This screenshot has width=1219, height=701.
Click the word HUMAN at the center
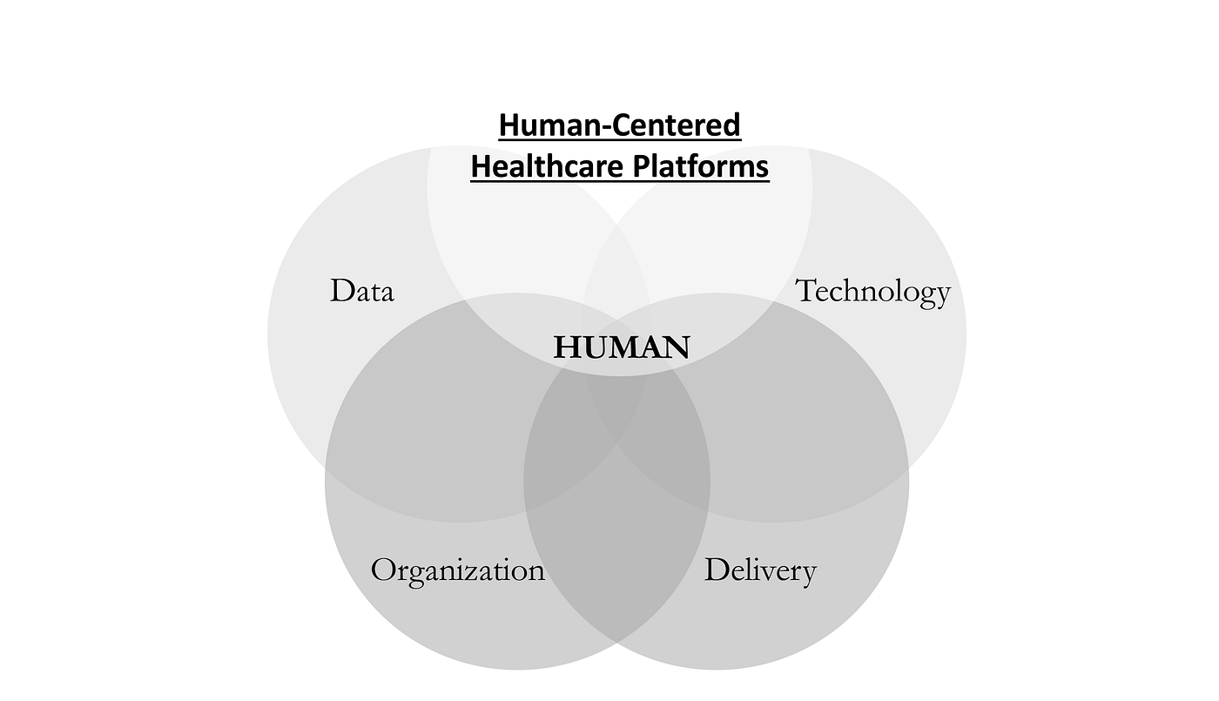[x=621, y=347]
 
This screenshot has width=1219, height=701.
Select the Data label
[x=361, y=291]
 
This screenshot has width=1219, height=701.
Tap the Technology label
[x=872, y=291]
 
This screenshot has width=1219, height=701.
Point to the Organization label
[x=457, y=570]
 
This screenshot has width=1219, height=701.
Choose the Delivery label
[x=759, y=570]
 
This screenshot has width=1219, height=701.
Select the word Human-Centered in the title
[x=619, y=125]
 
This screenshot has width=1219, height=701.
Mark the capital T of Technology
[x=807, y=290]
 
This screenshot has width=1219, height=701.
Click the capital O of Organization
[x=383, y=570]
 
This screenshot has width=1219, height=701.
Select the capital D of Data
[x=341, y=291]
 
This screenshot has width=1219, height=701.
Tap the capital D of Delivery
[x=717, y=570]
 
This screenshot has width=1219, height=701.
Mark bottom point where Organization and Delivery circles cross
[x=617, y=643]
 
